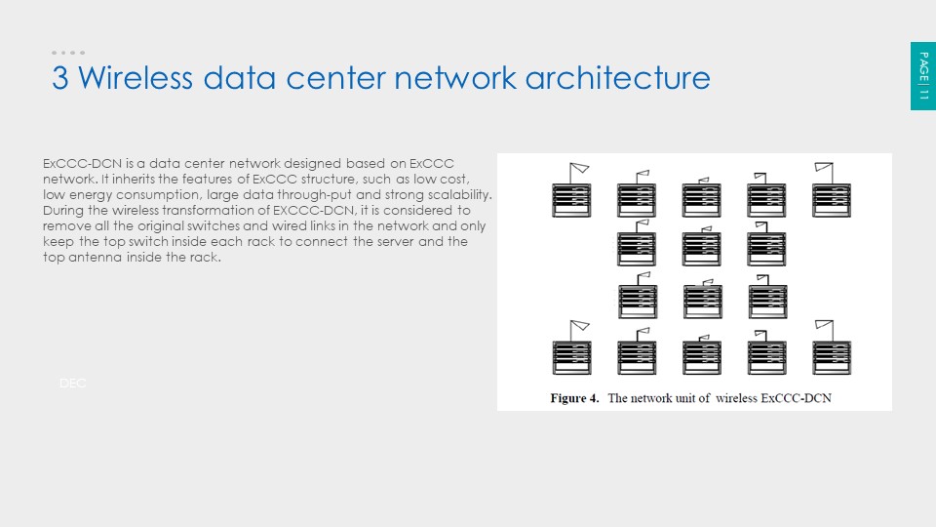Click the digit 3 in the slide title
[59, 78]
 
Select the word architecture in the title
[617, 78]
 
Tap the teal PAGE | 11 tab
[923, 76]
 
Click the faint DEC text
[73, 384]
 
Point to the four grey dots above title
[68, 53]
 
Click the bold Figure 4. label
[574, 398]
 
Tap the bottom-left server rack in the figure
[571, 357]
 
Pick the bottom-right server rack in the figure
[832, 357]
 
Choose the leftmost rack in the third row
[637, 302]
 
